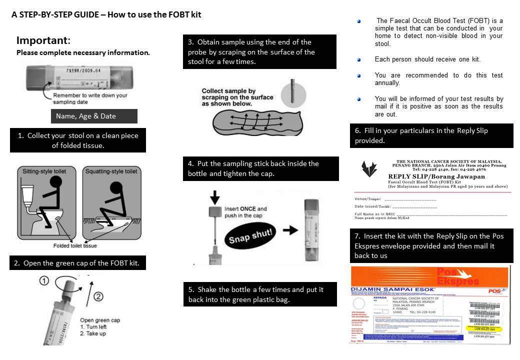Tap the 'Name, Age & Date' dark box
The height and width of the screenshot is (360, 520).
click(x=93, y=116)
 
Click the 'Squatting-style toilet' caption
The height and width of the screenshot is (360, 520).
click(x=111, y=171)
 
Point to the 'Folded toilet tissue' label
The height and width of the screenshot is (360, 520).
click(x=75, y=245)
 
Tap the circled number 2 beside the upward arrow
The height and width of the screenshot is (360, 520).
click(x=98, y=296)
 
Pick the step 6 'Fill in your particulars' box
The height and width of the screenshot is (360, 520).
click(x=431, y=135)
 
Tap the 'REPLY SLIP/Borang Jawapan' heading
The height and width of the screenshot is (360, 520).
click(x=436, y=176)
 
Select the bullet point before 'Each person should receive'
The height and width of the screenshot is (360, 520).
click(x=358, y=59)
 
